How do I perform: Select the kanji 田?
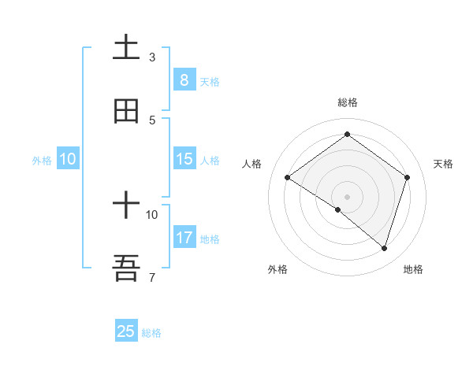tap(126, 112)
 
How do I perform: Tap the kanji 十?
tap(126, 206)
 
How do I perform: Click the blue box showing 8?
tap(184, 80)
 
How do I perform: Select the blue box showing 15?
tap(184, 159)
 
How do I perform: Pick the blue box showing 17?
tap(184, 237)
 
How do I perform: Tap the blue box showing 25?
tap(126, 331)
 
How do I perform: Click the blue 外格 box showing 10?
tap(68, 159)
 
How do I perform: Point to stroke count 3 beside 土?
tap(152, 57)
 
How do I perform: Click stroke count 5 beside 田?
tap(152, 120)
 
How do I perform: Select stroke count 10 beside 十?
tap(152, 214)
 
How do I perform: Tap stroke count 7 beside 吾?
tap(152, 277)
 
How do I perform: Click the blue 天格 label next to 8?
tap(210, 81)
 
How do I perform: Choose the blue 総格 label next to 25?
tap(151, 333)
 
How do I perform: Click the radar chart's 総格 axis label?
tap(347, 102)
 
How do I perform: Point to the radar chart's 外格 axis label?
tap(277, 269)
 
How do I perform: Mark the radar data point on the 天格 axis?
tap(408, 177)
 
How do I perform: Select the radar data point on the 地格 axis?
tap(384, 248)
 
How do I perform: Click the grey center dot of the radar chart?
tap(347, 196)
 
